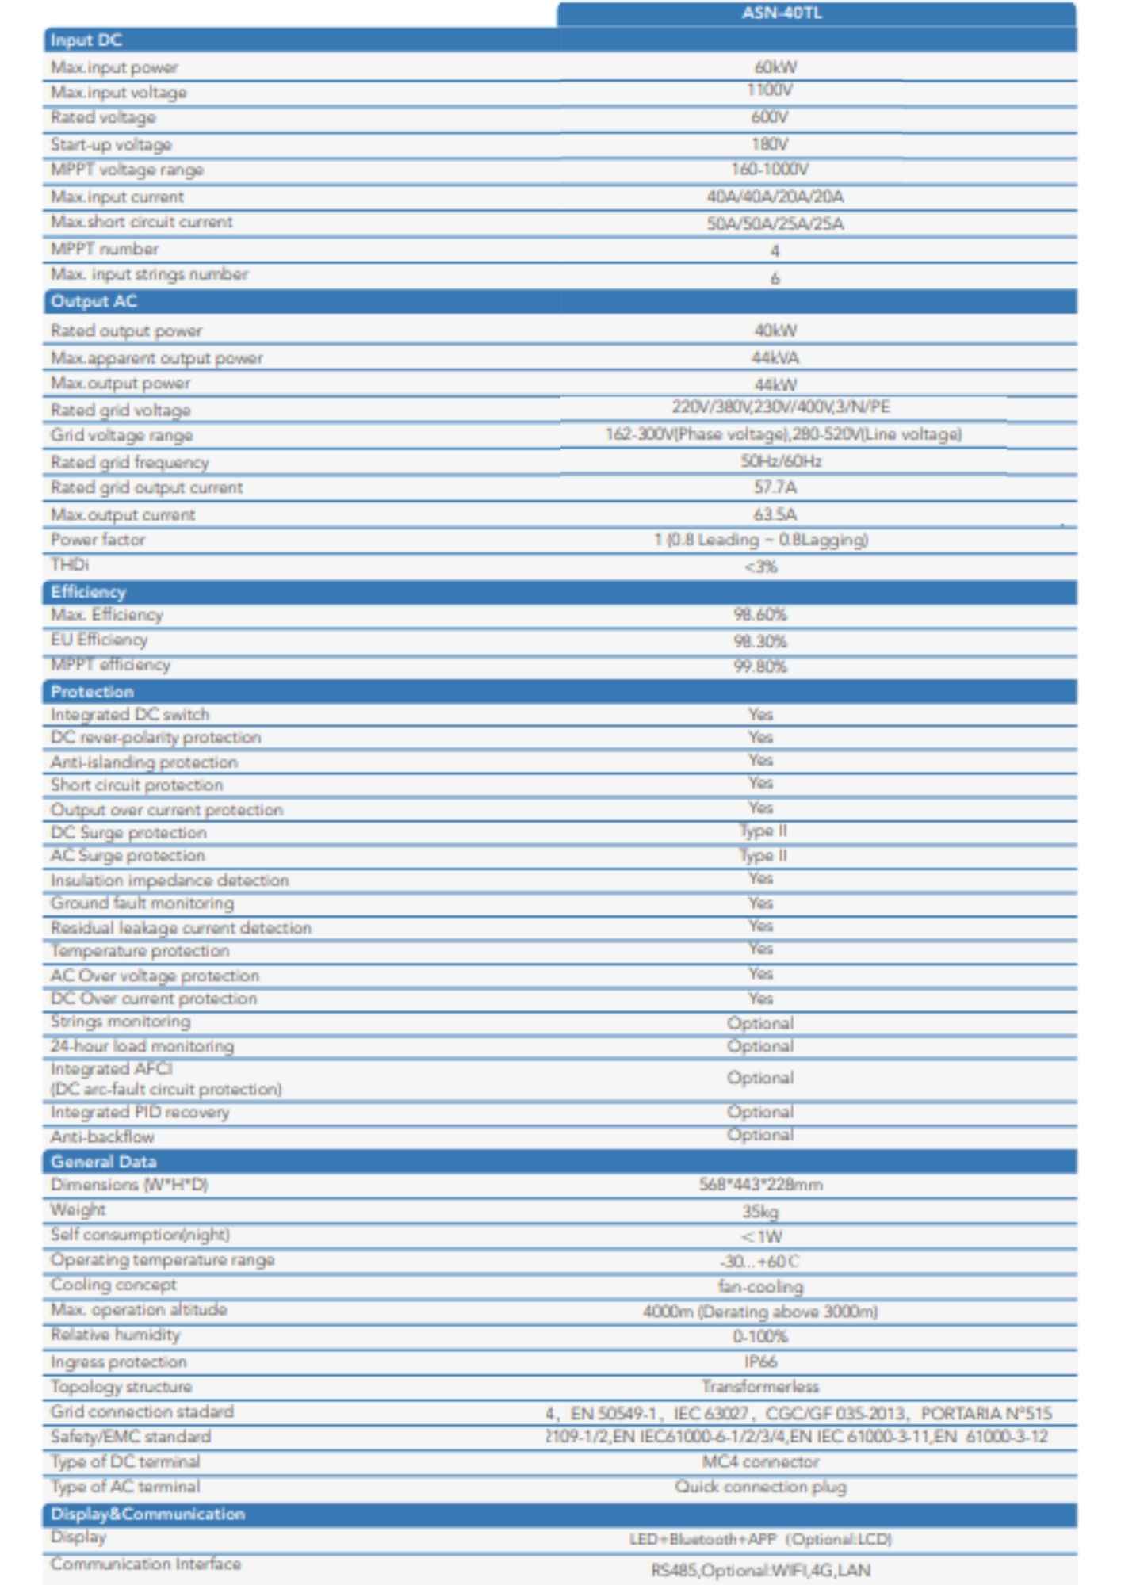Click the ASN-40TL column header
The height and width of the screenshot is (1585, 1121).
tap(782, 13)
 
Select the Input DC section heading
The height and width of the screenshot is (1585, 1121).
tap(86, 40)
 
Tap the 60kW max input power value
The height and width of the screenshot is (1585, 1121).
tap(775, 67)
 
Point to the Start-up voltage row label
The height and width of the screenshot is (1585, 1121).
tap(111, 144)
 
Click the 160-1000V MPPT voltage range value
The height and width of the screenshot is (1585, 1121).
tap(770, 170)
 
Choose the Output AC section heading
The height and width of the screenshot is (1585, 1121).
tap(94, 302)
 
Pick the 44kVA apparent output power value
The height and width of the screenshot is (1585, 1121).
tap(775, 357)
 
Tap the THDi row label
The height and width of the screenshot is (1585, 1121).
tap(70, 564)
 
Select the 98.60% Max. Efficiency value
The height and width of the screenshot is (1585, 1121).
tap(760, 615)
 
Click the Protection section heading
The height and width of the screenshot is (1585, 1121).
tap(92, 692)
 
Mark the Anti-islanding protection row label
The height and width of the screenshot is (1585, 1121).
tap(143, 762)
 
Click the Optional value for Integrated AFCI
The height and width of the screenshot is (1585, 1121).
tap(760, 1078)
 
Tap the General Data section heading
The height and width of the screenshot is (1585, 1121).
tap(103, 1162)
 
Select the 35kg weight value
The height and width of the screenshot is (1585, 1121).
tap(760, 1211)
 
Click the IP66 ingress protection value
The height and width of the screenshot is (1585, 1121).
tap(760, 1362)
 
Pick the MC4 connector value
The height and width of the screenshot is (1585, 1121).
tap(760, 1461)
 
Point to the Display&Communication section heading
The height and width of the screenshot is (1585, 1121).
tap(147, 1514)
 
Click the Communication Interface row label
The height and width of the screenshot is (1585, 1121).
tap(145, 1564)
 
